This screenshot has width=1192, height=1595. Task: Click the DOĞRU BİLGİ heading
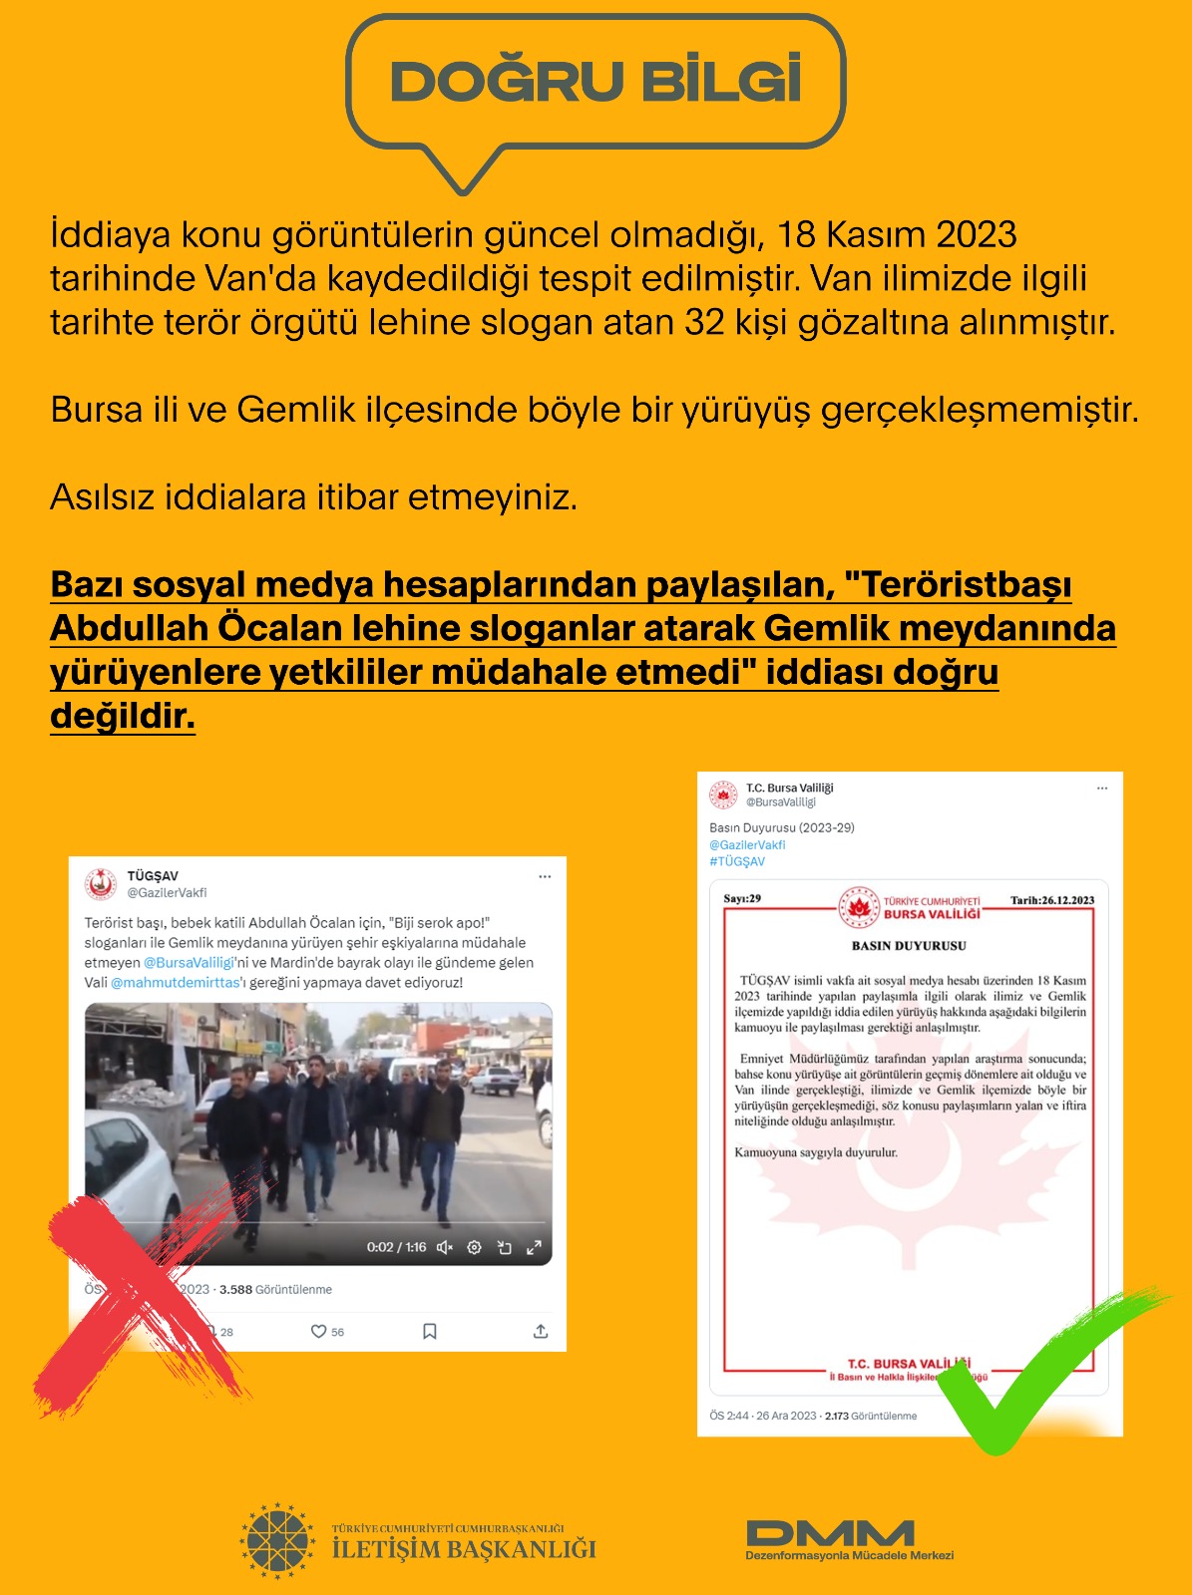[596, 81]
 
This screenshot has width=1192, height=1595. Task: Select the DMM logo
[830, 1533]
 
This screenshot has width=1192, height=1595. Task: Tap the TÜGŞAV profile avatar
[101, 884]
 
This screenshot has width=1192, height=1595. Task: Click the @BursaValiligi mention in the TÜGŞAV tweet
[189, 963]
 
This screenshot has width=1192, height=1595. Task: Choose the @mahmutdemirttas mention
[176, 983]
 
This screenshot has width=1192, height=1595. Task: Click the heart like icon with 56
[319, 1332]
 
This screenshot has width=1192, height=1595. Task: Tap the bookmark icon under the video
[430, 1332]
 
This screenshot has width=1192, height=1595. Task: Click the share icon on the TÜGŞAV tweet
[541, 1332]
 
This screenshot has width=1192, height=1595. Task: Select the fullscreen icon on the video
[534, 1247]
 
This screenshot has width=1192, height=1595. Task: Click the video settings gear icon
[475, 1247]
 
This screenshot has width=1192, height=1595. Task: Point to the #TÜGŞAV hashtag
[737, 861]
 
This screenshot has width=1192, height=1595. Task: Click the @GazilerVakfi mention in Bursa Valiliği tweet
[747, 845]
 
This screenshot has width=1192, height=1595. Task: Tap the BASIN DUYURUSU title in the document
[909, 945]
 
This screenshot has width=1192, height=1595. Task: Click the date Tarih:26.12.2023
[1051, 900]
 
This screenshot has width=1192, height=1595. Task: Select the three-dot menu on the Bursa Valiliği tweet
[1102, 789]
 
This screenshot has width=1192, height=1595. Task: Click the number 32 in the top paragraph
[704, 323]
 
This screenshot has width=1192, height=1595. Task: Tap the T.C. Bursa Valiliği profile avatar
[723, 795]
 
